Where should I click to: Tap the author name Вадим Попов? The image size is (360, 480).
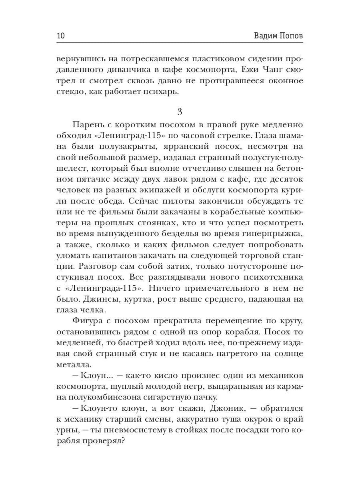278,36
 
